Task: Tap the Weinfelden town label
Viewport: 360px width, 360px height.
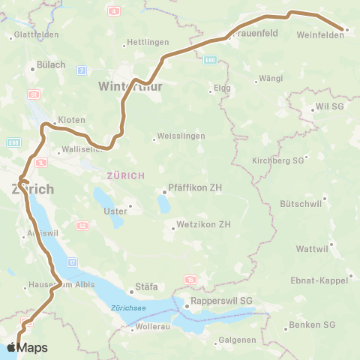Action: [319, 35]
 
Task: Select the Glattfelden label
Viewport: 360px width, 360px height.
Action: [35, 35]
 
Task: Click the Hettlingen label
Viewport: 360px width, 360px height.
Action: [149, 42]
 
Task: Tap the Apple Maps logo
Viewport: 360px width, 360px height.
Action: [27, 347]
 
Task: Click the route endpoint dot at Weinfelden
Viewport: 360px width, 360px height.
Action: [346, 30]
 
